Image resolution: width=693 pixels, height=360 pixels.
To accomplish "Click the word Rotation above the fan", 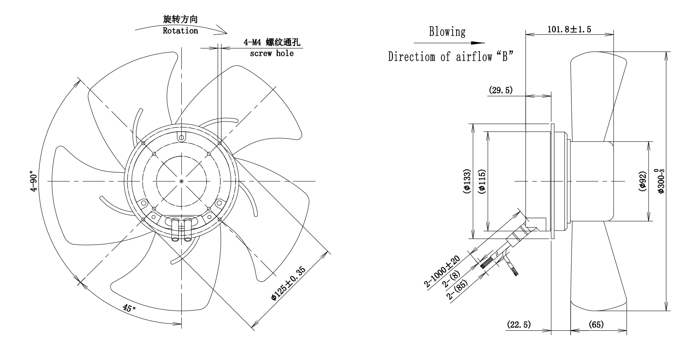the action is point(180,31).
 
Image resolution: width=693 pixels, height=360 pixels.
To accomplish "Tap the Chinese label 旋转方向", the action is point(180,20).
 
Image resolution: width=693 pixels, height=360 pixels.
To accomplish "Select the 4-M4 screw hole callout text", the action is point(272,42).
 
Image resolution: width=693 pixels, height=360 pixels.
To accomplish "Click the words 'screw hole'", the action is point(272,54).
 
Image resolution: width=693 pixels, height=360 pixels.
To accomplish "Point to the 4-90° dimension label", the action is point(35,181).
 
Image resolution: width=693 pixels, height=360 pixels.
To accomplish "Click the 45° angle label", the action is point(129,308).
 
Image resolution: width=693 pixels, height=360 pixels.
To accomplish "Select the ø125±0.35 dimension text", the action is point(288,284).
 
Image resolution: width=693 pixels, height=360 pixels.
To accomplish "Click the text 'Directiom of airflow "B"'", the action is point(450,57).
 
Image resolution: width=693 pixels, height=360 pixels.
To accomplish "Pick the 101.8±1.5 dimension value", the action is point(569,29).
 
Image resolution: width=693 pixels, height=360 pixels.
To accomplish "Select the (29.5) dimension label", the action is point(500,90).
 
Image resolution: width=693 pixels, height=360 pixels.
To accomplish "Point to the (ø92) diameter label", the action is point(643,181).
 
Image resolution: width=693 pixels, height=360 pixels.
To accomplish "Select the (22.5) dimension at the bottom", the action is point(519,324).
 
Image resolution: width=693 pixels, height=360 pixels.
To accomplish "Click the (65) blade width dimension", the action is point(595,324).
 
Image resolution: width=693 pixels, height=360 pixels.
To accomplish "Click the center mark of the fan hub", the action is point(182,181).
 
